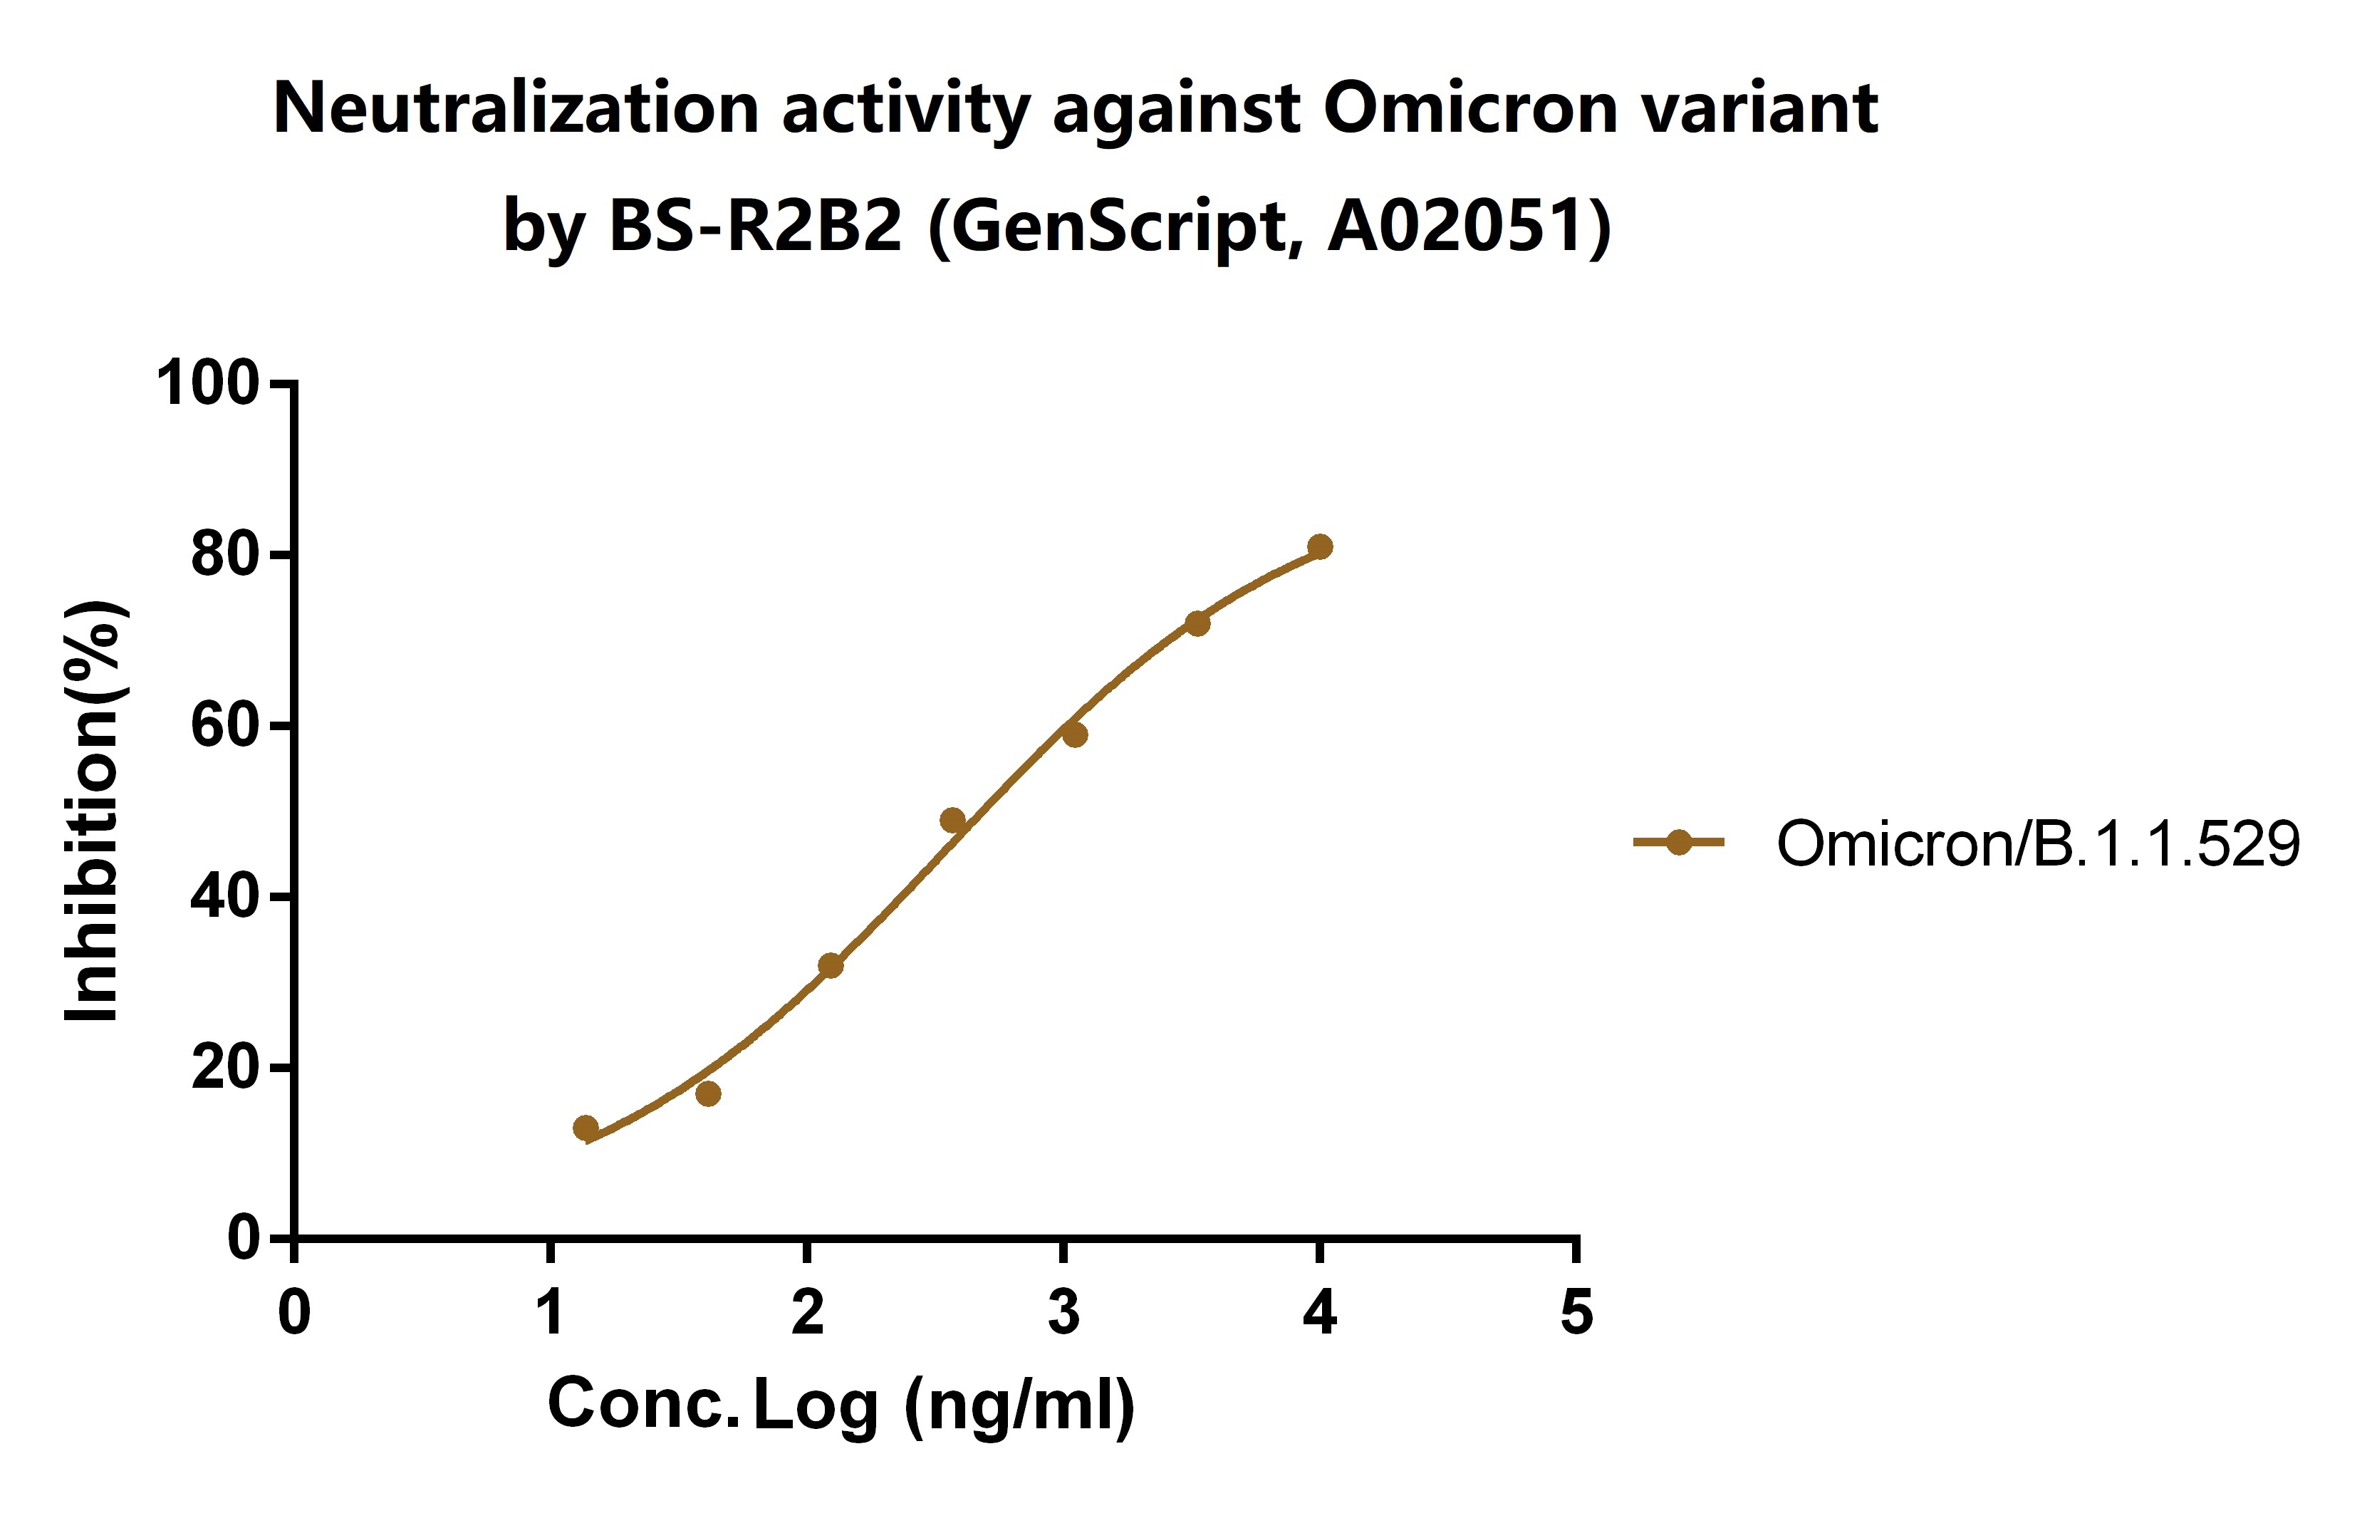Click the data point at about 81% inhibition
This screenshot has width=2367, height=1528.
tap(1319, 546)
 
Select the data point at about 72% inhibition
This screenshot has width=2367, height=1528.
tap(1197, 623)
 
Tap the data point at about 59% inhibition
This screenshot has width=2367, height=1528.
tap(1074, 734)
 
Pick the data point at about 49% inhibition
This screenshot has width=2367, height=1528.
tap(952, 819)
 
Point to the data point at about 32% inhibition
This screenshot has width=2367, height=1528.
tap(831, 965)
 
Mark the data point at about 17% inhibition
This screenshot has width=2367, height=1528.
tap(708, 1093)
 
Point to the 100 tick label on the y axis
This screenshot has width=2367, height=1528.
tap(207, 383)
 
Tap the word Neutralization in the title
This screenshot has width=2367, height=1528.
tap(516, 108)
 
